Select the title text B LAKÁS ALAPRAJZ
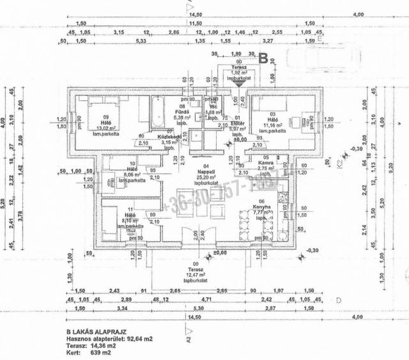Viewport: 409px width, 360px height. pyautogui.click(x=96, y=332)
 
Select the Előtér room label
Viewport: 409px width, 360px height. pyautogui.click(x=236, y=123)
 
